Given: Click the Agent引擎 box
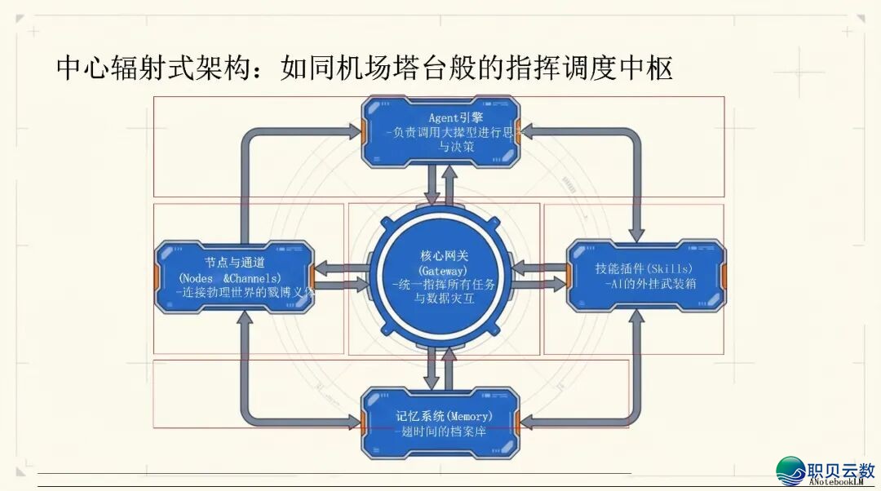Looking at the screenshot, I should point(440,131).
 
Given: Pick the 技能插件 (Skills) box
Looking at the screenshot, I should point(645,276).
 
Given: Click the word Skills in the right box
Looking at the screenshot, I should point(669,268).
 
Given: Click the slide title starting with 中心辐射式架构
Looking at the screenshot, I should point(364,67).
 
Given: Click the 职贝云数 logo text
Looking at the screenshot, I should point(840,470).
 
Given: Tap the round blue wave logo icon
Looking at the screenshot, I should point(790,471).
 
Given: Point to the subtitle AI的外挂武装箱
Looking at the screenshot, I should point(650,284).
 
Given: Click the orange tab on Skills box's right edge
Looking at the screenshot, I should point(724,276).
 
